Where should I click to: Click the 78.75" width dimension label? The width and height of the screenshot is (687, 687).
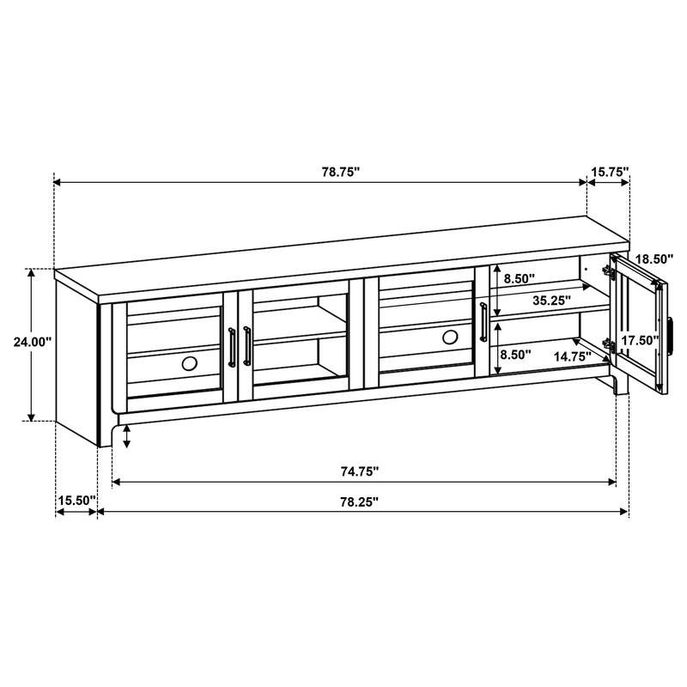[x=340, y=172]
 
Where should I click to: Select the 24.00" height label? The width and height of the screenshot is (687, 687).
[x=33, y=341]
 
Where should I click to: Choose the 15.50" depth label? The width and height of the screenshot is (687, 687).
[x=76, y=500]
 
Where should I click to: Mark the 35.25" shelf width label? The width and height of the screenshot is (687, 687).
[x=550, y=301]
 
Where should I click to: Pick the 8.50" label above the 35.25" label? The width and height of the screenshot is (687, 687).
[x=519, y=278]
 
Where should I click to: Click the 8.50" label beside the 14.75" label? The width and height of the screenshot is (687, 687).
[x=515, y=353]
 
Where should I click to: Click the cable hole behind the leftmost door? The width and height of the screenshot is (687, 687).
[x=189, y=363]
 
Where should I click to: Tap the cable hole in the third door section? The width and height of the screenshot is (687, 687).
[x=450, y=337]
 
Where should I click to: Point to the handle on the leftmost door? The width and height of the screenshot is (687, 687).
[x=231, y=346]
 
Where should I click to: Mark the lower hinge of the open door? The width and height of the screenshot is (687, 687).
[x=611, y=344]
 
